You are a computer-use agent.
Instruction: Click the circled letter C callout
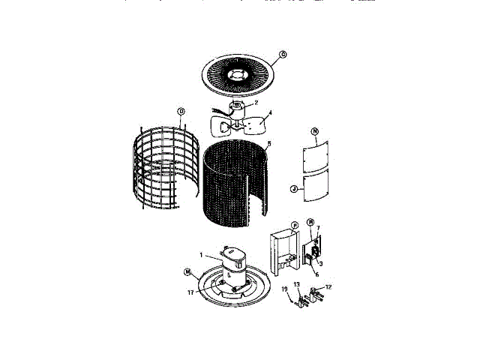pyautogui.click(x=283, y=54)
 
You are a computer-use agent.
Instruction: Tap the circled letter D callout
pyautogui.click(x=181, y=111)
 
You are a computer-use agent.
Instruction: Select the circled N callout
pyautogui.click(x=315, y=132)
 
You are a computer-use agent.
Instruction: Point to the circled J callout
pyautogui.click(x=295, y=189)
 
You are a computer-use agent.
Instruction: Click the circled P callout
pyautogui.click(x=295, y=223)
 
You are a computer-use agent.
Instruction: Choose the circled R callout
pyautogui.click(x=310, y=222)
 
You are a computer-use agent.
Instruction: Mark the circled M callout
pyautogui.click(x=187, y=271)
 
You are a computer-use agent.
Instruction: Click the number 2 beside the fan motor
pyautogui.click(x=256, y=103)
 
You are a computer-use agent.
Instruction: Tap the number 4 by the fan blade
pyautogui.click(x=270, y=113)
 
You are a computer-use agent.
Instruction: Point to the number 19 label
pyautogui.click(x=285, y=289)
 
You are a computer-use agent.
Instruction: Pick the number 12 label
pyautogui.click(x=328, y=287)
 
